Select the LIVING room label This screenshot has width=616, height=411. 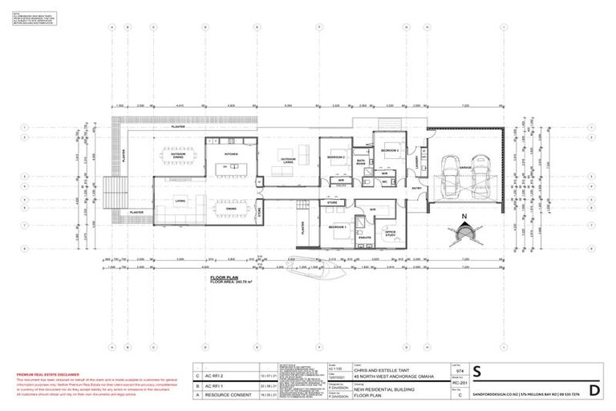click(x=180, y=202)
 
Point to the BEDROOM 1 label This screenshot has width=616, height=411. click(x=338, y=228)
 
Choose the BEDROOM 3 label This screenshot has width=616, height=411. click(x=390, y=151)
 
